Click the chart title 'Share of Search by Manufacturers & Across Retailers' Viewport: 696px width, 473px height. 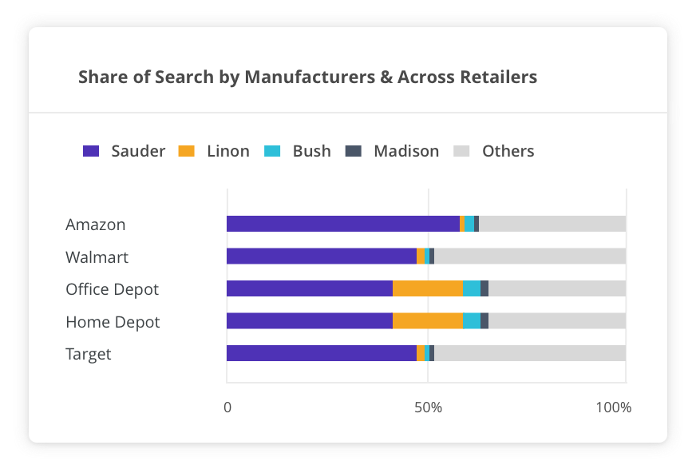tap(307, 78)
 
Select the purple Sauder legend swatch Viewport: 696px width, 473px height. tap(91, 151)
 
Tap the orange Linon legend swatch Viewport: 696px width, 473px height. tap(186, 151)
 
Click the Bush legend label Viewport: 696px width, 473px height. tap(311, 151)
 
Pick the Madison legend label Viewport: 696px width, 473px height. tap(406, 151)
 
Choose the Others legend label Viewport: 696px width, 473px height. tap(508, 151)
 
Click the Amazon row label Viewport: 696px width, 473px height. tap(96, 225)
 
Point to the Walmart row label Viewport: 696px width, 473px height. tap(97, 257)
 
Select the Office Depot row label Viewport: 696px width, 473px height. tap(113, 289)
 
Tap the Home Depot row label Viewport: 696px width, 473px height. tap(113, 322)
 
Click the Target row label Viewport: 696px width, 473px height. tap(89, 354)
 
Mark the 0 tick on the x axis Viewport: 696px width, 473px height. tap(227, 407)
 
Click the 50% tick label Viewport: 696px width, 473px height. tap(429, 407)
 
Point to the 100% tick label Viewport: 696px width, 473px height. tap(613, 407)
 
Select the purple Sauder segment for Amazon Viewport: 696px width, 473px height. tap(343, 224)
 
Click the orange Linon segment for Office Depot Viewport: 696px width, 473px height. tap(428, 288)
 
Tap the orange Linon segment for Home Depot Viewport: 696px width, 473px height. tap(428, 321)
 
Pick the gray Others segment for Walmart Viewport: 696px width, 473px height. tap(530, 256)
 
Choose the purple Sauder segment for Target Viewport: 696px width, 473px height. tap(322, 353)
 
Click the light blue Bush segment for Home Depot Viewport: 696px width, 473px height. tap(472, 321)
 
